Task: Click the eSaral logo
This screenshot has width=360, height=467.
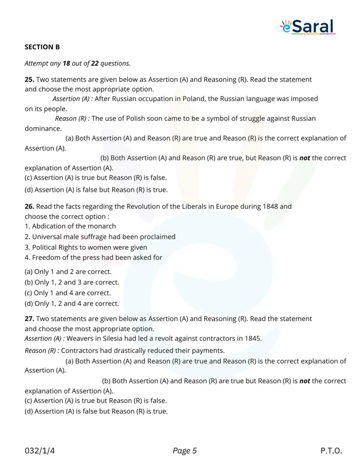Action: [308, 26]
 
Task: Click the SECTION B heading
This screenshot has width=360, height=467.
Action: [42, 47]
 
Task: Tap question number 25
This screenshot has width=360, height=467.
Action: [29, 79]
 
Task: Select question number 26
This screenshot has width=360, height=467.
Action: [29, 206]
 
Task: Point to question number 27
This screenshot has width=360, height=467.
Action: [29, 318]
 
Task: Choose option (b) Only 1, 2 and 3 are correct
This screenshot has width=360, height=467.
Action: [72, 282]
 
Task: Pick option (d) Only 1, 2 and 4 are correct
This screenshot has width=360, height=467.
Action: [72, 303]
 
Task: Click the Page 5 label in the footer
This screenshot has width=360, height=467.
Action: [185, 451]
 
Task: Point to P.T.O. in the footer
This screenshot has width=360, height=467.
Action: [331, 451]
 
